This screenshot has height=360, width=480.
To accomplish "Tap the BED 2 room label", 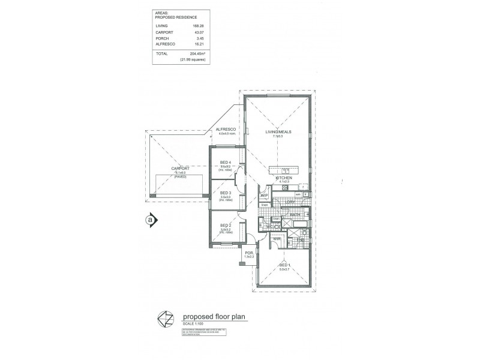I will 226,225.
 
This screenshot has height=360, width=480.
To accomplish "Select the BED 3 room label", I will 226,193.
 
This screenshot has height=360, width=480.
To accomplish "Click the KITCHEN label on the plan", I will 283,178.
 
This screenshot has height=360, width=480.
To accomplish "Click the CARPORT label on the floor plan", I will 180,169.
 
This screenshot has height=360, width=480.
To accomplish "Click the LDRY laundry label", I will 290,203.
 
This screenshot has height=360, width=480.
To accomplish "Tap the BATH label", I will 295,214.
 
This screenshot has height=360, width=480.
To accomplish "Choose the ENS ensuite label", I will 300,240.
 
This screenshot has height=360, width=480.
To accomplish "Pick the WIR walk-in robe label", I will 277,238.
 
